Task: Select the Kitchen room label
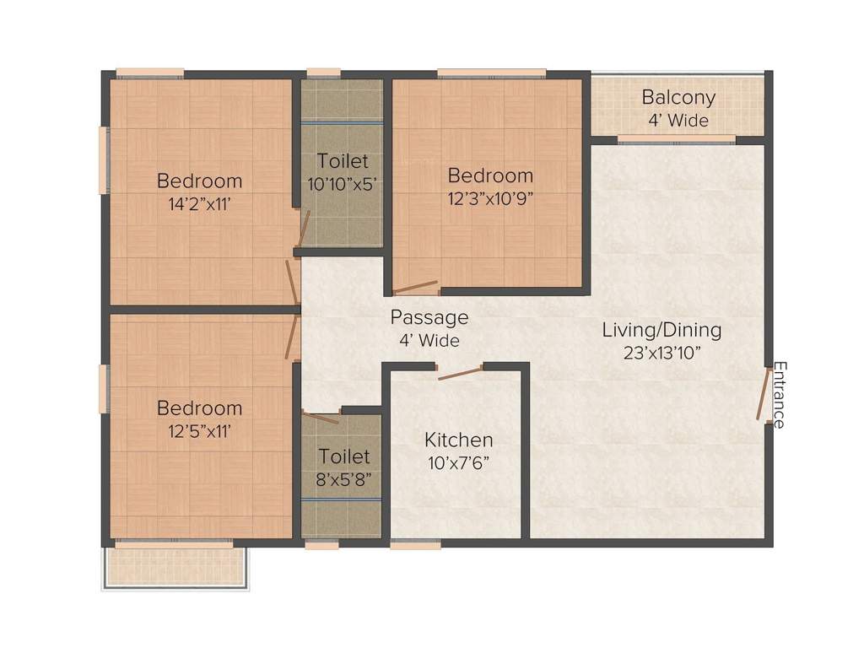point(458,440)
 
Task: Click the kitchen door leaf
point(459,372)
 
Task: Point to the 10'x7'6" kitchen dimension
point(458,462)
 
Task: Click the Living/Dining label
point(661,329)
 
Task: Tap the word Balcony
point(678,97)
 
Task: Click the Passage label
point(429,318)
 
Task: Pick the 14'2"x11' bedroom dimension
point(200,202)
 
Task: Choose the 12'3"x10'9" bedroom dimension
point(490,198)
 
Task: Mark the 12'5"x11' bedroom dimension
point(200,430)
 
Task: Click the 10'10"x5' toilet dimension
point(343,182)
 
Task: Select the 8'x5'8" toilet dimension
point(343,478)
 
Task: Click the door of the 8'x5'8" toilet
point(321,417)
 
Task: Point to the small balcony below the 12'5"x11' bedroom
point(175,566)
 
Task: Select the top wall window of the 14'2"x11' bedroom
point(149,73)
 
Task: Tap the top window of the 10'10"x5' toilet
point(323,73)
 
